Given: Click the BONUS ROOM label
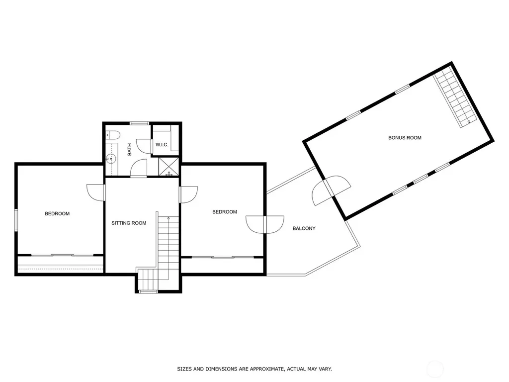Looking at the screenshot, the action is click(x=405, y=138).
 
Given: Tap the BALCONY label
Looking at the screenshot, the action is click(x=304, y=228).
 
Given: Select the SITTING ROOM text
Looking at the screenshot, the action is click(x=129, y=223).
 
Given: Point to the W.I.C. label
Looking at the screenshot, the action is click(x=162, y=145).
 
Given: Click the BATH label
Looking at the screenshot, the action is click(x=130, y=149).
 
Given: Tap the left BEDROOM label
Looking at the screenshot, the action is click(x=57, y=214).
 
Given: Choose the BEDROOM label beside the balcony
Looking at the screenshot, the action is click(x=225, y=212).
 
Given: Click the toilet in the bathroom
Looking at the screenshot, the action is click(x=113, y=134).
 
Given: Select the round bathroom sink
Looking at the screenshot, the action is click(x=111, y=159).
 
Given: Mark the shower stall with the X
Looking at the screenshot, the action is click(x=169, y=167).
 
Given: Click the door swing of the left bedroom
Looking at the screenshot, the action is click(x=96, y=192).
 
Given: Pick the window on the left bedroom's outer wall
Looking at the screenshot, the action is click(x=16, y=220).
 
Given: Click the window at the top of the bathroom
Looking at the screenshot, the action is click(x=139, y=123).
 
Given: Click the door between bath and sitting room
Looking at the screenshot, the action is click(x=139, y=168).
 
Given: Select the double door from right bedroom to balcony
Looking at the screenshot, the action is click(x=265, y=225).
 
